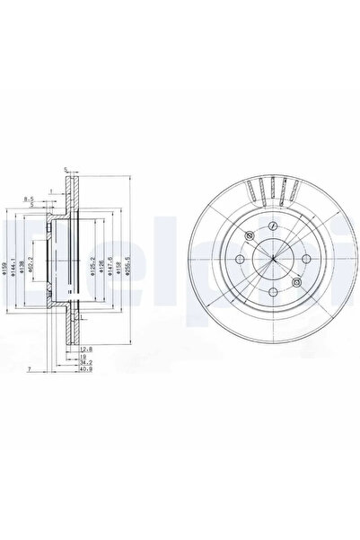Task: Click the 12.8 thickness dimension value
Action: (83, 346)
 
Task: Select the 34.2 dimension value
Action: (83, 361)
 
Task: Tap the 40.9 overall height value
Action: (83, 369)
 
